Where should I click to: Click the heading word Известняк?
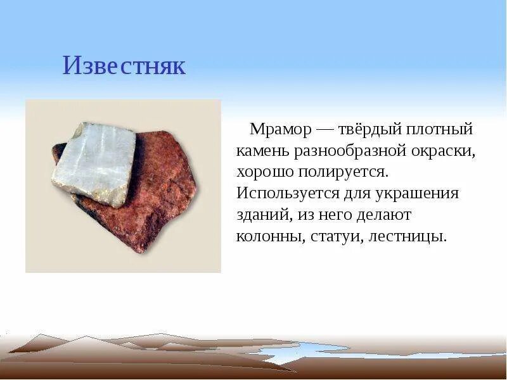(124, 66)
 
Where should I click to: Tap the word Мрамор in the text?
(280, 130)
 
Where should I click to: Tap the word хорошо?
(265, 172)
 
